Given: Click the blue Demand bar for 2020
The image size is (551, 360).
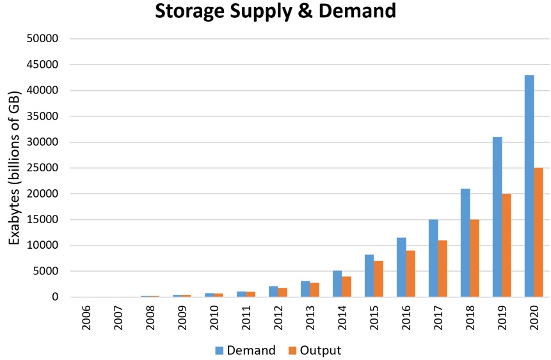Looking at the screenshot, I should (529, 186).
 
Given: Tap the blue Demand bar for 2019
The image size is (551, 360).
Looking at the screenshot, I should (497, 217).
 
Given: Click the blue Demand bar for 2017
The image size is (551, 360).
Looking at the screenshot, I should (433, 258).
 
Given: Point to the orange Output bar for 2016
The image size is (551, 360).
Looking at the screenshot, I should (410, 274).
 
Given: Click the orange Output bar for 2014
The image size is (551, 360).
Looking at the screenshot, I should (346, 286).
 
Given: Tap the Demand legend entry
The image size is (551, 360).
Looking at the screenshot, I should (246, 350).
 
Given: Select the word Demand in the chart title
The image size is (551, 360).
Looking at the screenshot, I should (358, 11).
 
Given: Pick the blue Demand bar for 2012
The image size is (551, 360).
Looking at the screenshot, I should (273, 292).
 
